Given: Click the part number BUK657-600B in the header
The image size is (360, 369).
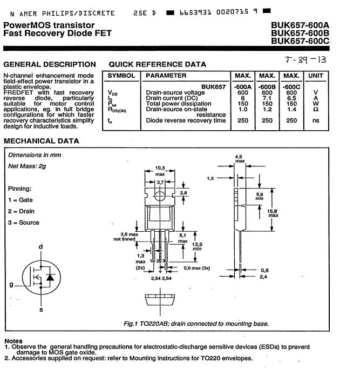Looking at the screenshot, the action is pyautogui.click(x=300, y=33).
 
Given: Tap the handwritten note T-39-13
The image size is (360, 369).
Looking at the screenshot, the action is pyautogui.click(x=305, y=60).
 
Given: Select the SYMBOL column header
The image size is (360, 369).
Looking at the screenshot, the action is pyautogui.click(x=121, y=76).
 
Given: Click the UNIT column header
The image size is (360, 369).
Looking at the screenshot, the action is pyautogui.click(x=316, y=76).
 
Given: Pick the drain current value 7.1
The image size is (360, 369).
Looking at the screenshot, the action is pyautogui.click(x=267, y=98).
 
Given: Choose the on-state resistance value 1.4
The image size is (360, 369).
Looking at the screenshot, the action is pyautogui.click(x=291, y=109).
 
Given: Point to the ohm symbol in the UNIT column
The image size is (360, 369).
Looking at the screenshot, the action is pyautogui.click(x=316, y=109).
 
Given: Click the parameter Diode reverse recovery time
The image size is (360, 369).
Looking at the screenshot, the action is pyautogui.click(x=186, y=120).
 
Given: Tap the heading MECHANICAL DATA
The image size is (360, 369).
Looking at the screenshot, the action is pyautogui.click(x=42, y=141).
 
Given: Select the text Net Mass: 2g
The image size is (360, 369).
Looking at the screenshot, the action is pyautogui.click(x=27, y=166).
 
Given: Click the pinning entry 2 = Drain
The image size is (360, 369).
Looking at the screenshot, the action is pyautogui.click(x=21, y=211).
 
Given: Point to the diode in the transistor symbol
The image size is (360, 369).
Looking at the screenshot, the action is pyautogui.click(x=50, y=277).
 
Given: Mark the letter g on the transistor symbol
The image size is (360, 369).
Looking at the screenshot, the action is pyautogui.click(x=11, y=285).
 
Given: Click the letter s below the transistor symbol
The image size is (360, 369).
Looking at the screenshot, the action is pyautogui.click(x=41, y=310).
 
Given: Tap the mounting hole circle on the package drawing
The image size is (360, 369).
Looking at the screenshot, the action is pyautogui.click(x=160, y=196).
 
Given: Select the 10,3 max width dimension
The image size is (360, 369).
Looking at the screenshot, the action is pyautogui.click(x=160, y=171).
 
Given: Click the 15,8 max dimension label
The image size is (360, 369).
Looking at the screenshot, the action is pyautogui.click(x=273, y=213).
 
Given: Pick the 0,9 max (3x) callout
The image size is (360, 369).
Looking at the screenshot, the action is pyautogui.click(x=197, y=268).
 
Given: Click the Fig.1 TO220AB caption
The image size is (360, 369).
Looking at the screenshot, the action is pyautogui.click(x=196, y=324).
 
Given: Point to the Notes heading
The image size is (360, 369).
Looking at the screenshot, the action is pyautogui.click(x=13, y=341).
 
